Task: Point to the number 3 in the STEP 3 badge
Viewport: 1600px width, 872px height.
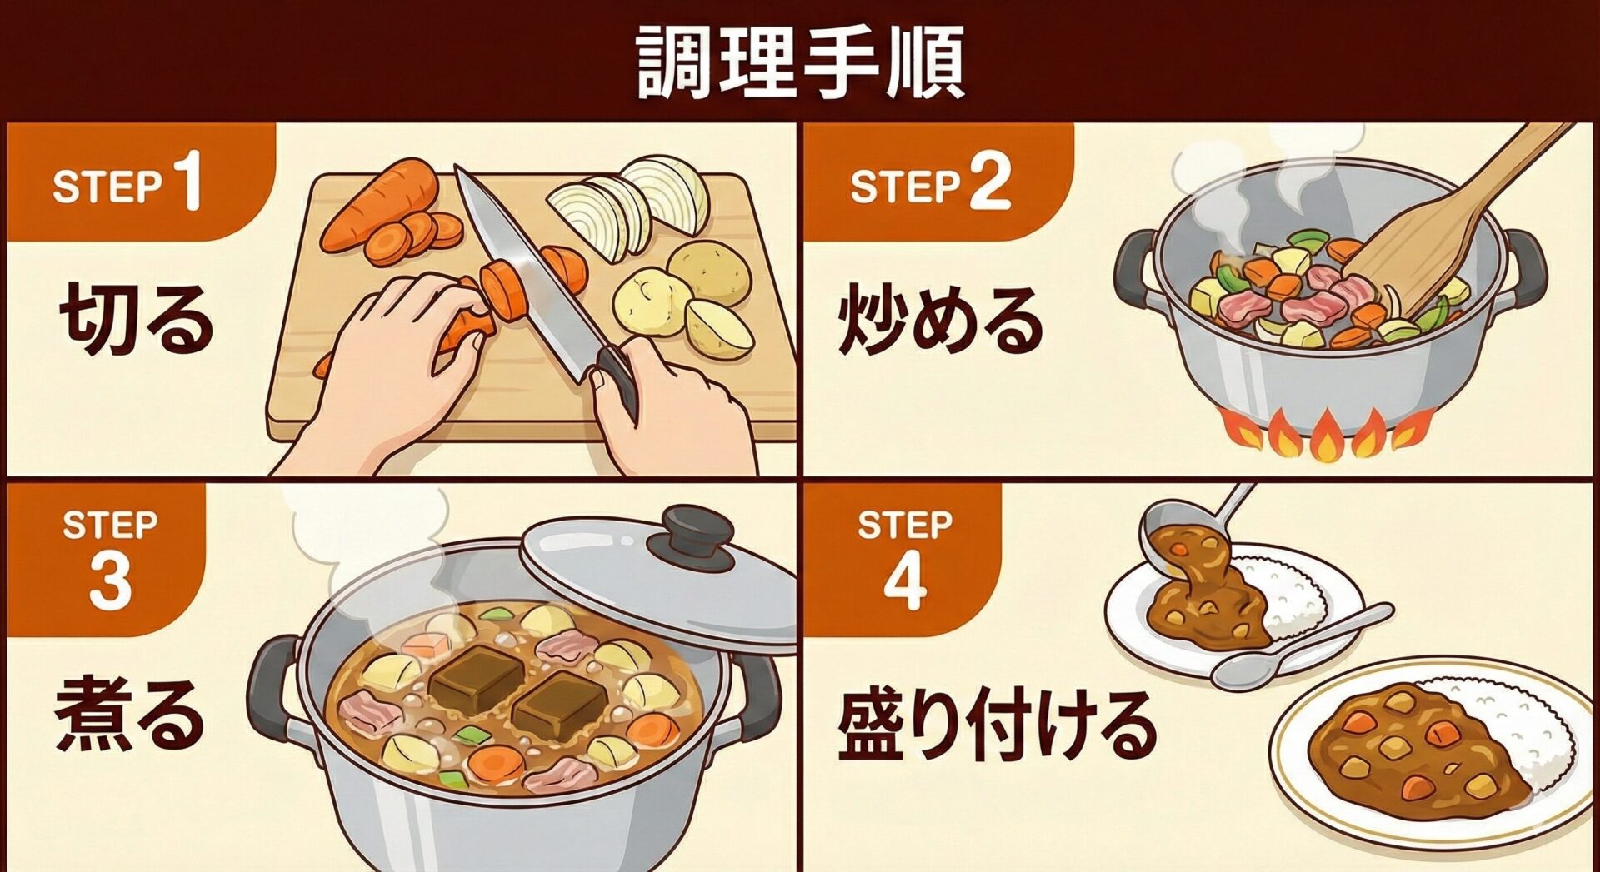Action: point(111,580)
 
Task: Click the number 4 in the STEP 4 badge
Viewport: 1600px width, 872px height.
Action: point(905,580)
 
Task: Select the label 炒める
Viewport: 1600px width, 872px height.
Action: point(940,320)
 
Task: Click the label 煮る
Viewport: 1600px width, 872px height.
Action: point(129,715)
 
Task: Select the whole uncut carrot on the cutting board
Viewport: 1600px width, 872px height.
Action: point(380,203)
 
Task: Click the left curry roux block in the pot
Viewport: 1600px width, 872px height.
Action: point(477,680)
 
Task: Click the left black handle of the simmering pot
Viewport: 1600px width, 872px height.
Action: point(272,688)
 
